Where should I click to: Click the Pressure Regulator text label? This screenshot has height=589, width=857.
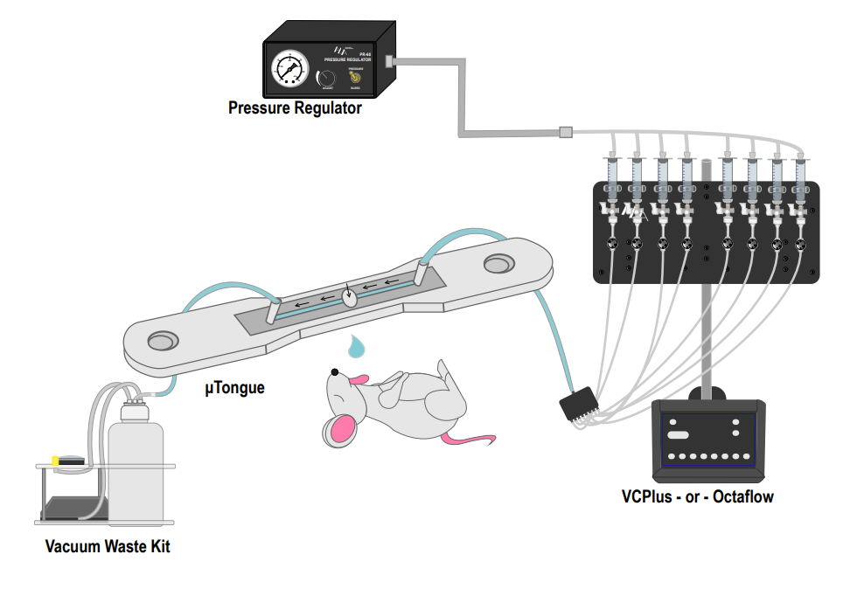click(295, 108)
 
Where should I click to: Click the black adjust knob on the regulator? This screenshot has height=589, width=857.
click(326, 79)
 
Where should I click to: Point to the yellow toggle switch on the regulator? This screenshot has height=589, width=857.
click(355, 77)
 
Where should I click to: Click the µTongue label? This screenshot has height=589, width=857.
click(234, 385)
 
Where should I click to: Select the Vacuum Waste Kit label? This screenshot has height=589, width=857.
click(108, 547)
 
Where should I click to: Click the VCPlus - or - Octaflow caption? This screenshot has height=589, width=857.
click(697, 497)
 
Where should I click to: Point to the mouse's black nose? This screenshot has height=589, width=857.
click(334, 372)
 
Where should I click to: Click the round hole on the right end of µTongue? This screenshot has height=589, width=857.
click(502, 262)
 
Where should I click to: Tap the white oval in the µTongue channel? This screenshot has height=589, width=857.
click(351, 297)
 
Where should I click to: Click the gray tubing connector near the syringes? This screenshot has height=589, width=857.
click(566, 133)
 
